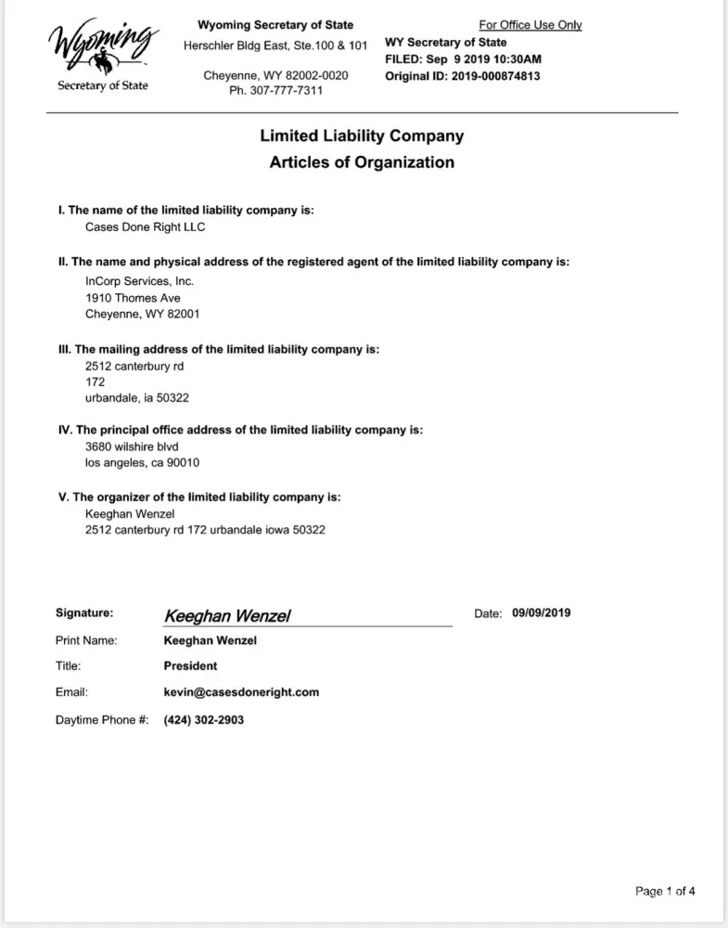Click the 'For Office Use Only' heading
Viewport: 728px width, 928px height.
[x=530, y=25]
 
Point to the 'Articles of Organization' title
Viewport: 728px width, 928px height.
[x=362, y=162]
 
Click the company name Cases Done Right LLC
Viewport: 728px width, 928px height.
[x=145, y=227]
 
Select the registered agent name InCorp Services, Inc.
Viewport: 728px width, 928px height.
[x=140, y=280]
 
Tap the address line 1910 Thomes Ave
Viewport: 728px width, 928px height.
[x=133, y=298]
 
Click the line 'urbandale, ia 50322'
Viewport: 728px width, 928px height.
[x=139, y=398]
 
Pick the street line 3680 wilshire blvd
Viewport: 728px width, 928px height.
[x=132, y=445]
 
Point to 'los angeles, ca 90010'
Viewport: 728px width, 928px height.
[x=143, y=462]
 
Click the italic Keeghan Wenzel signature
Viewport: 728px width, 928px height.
[x=228, y=616]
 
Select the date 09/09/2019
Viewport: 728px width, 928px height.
[x=542, y=612]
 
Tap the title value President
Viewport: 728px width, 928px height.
[x=190, y=665]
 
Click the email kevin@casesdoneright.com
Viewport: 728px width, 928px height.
[x=241, y=692]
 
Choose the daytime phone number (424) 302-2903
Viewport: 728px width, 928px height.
[x=204, y=719]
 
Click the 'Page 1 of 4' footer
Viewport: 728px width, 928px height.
[x=665, y=892]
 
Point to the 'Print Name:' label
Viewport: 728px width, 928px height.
[x=86, y=639]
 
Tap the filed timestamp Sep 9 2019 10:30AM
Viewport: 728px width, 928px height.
[x=489, y=58]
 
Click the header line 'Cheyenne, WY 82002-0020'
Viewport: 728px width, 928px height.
[x=276, y=75]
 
